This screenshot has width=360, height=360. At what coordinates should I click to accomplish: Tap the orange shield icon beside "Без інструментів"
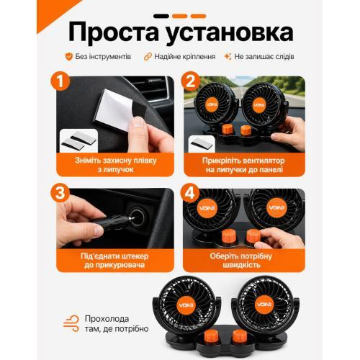(68, 57)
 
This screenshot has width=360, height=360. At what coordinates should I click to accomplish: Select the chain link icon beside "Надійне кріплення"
(148, 57)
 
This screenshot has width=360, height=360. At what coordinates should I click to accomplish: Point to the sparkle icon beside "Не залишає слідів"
(228, 57)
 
